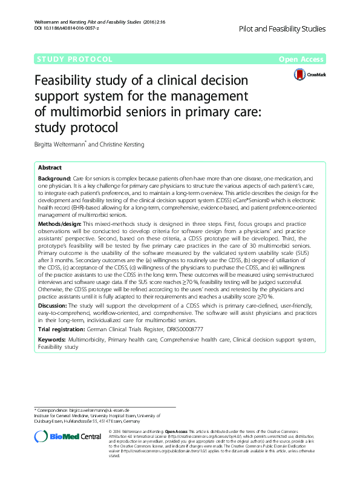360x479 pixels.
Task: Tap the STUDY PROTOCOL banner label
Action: (x=74, y=59)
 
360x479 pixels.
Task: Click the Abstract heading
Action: (x=50, y=168)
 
